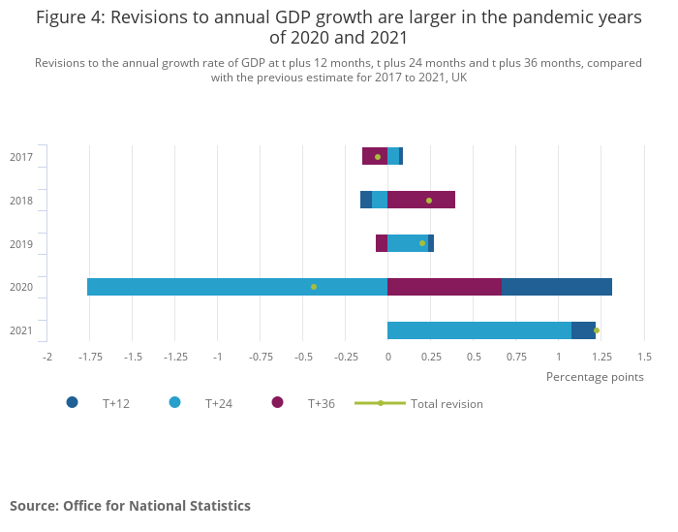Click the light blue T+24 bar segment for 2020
237,287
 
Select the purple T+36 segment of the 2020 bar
445,287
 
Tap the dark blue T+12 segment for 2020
556,287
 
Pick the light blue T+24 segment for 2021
479,330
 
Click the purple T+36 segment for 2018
421,200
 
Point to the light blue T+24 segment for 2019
408,243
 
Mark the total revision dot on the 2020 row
314,287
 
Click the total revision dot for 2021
597,330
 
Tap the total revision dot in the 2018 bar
429,201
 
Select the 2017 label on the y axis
21,157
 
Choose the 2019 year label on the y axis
21,244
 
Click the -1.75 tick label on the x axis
90,357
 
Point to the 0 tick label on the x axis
387,357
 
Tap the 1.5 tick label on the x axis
644,357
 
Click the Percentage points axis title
595,377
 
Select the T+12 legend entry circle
73,402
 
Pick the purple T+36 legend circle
278,402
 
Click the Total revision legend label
447,403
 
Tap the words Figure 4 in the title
73,17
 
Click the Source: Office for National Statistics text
130,506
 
